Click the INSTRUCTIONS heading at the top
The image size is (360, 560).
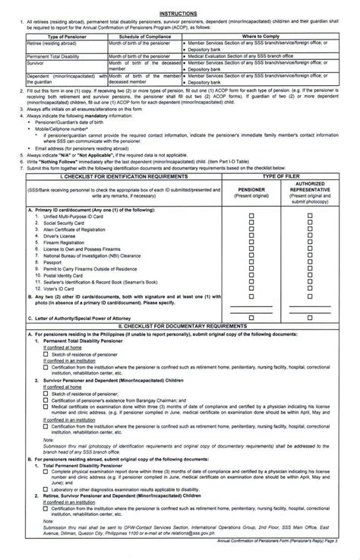(179, 13)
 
